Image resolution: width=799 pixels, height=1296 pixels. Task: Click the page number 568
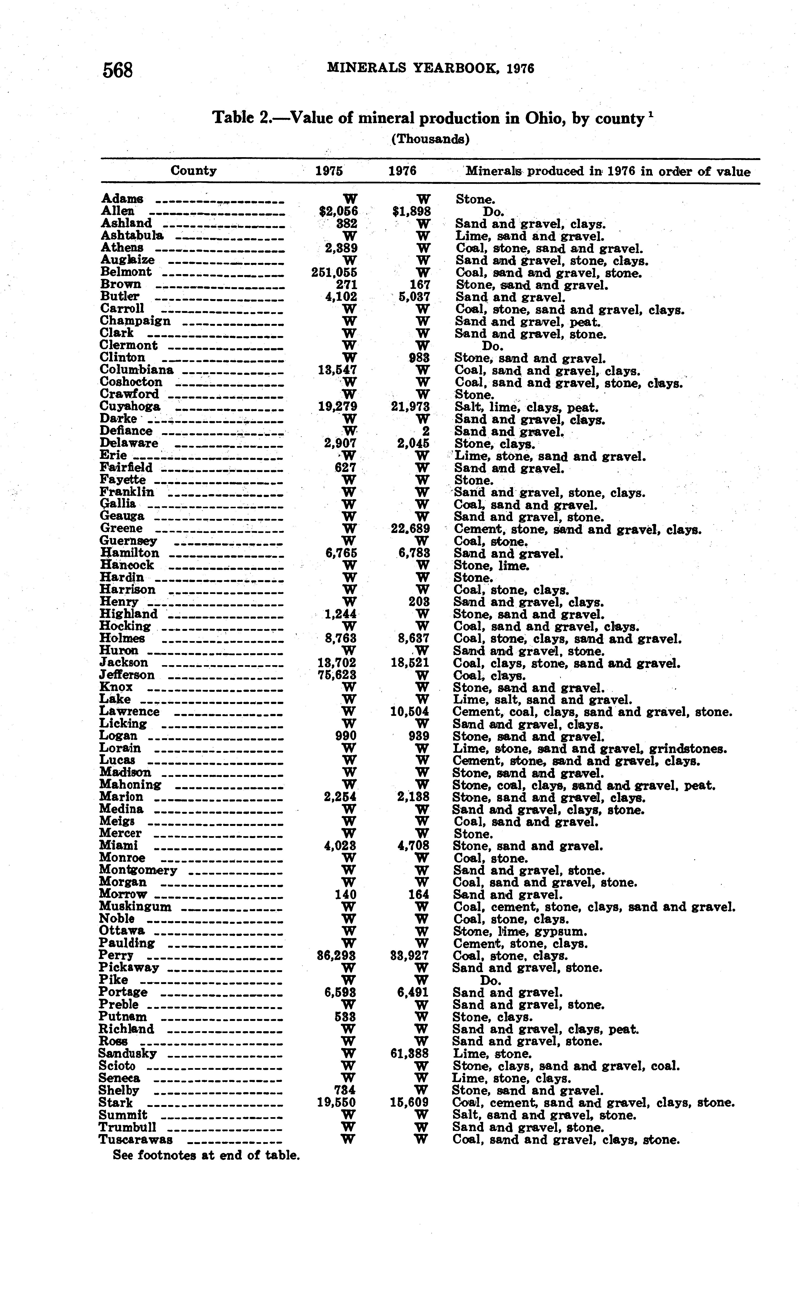pos(117,70)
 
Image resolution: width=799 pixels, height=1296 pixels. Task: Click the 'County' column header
pos(193,171)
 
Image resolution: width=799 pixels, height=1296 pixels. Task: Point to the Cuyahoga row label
pos(130,407)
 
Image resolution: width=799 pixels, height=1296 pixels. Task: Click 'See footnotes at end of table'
pos(206,1155)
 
